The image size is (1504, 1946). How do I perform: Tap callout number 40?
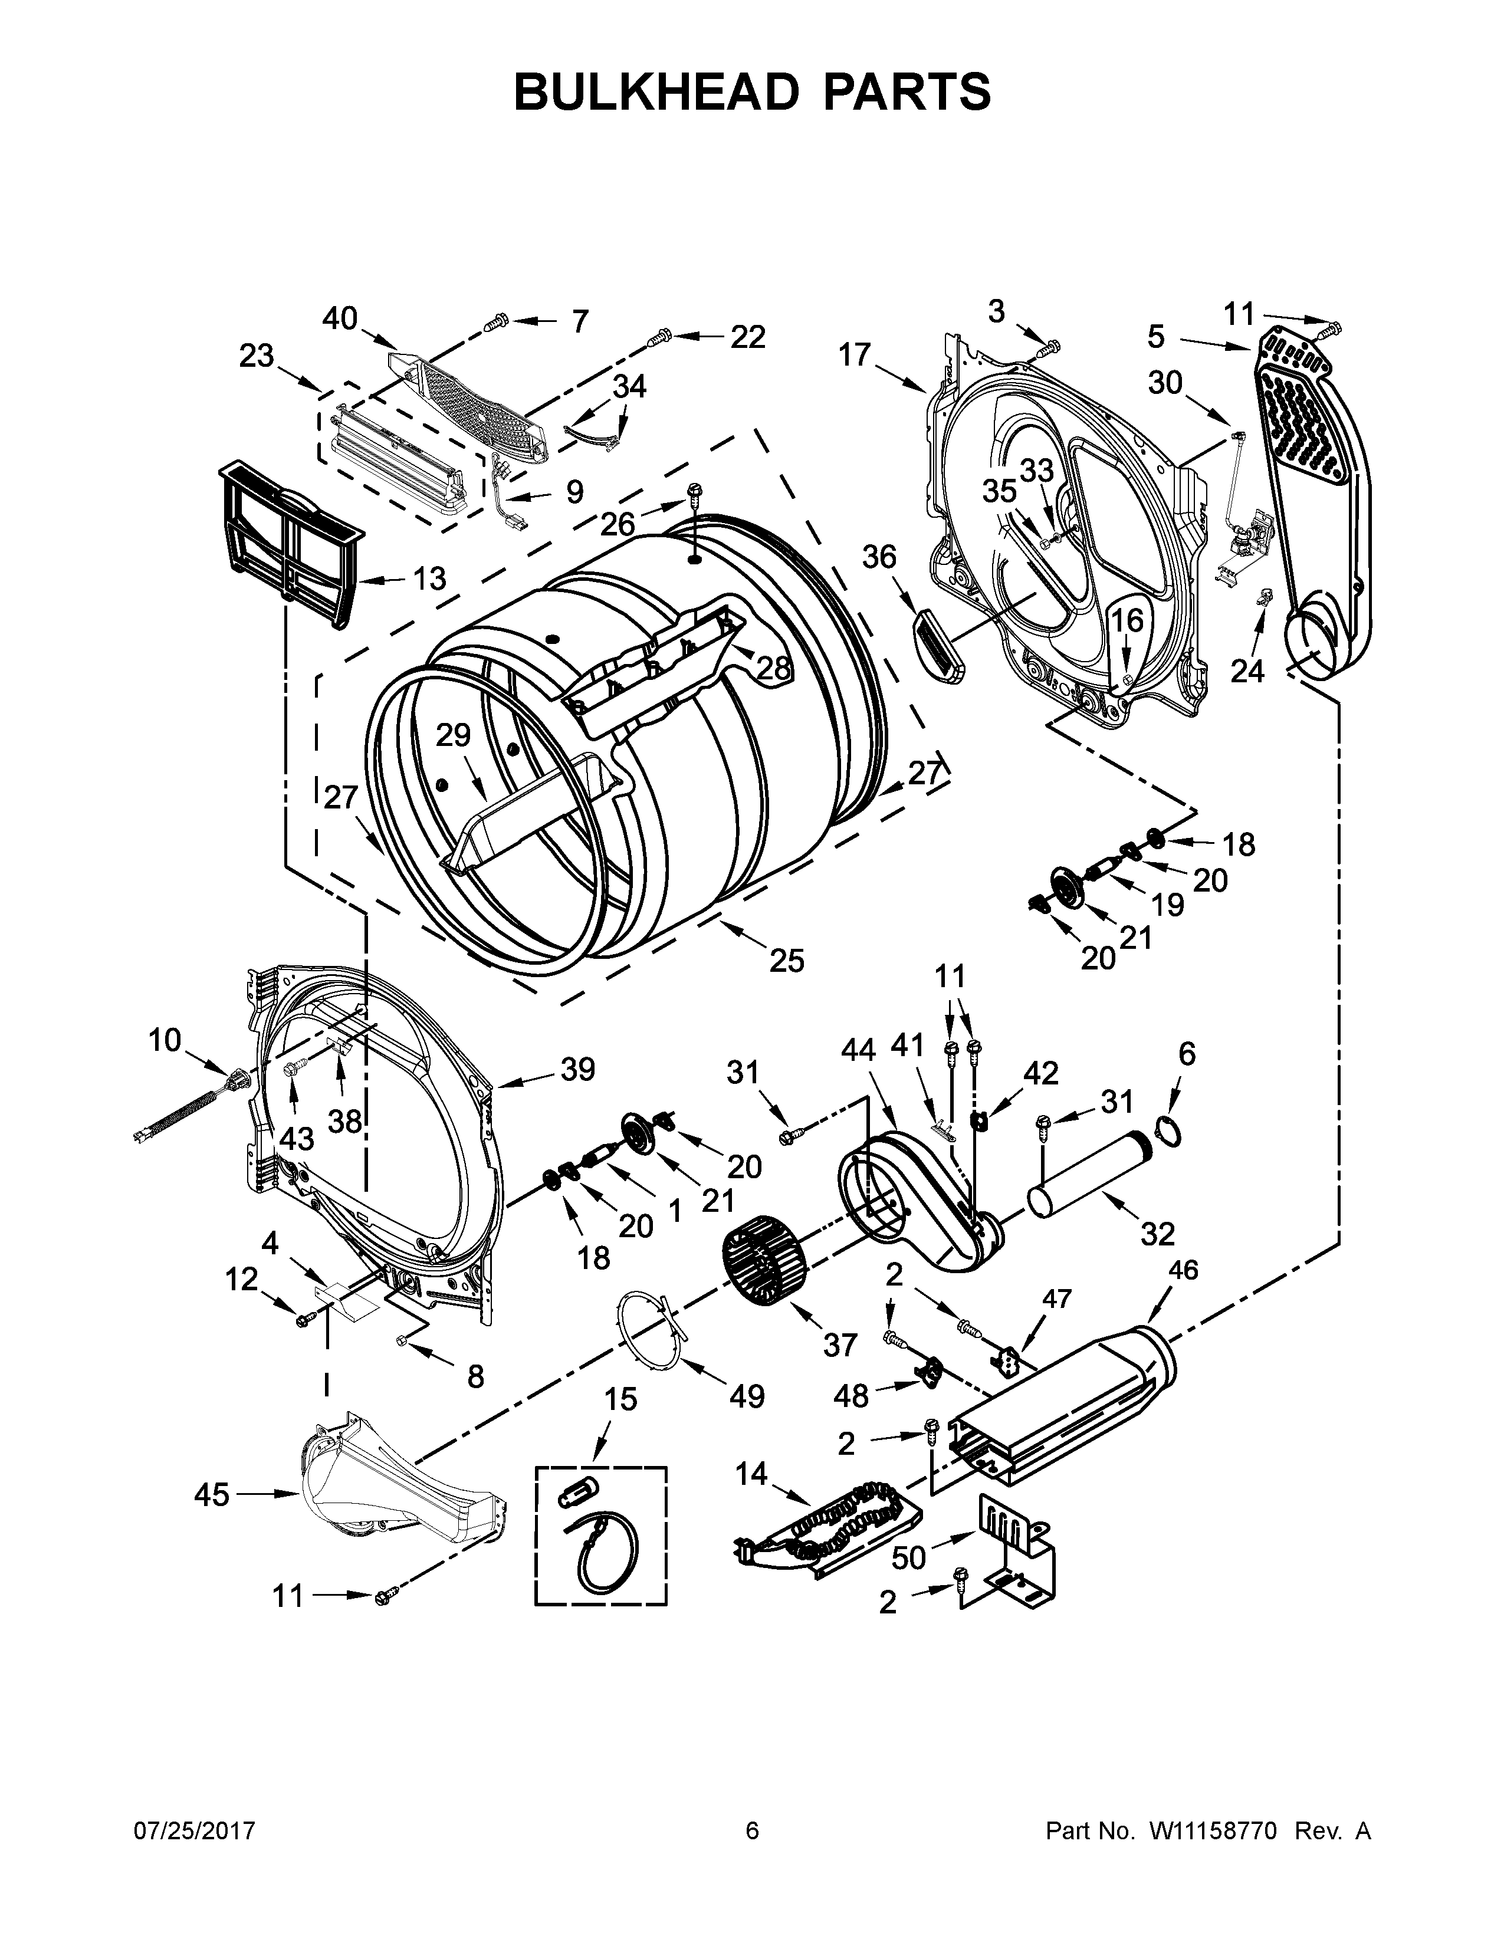click(x=340, y=318)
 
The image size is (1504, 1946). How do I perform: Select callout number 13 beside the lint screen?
click(x=429, y=578)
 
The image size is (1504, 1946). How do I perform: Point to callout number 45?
click(x=212, y=1494)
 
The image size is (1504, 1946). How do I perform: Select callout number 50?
click(x=909, y=1557)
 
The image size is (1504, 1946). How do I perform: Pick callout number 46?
click(x=1183, y=1270)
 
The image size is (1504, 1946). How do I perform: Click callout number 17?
click(x=853, y=354)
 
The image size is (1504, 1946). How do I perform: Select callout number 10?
click(x=165, y=1040)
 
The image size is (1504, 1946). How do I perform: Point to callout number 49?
click(x=747, y=1395)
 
